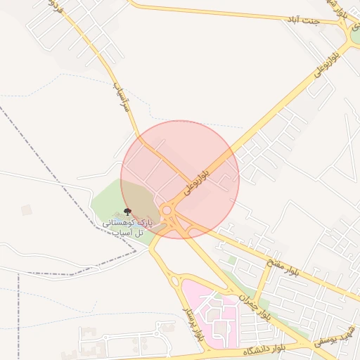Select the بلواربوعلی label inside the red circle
[198, 179]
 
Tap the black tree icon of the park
[127, 211]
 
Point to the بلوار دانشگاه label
[265, 349]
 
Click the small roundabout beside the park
[167, 210]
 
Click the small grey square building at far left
[27, 210]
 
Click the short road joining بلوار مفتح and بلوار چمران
[262, 285]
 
